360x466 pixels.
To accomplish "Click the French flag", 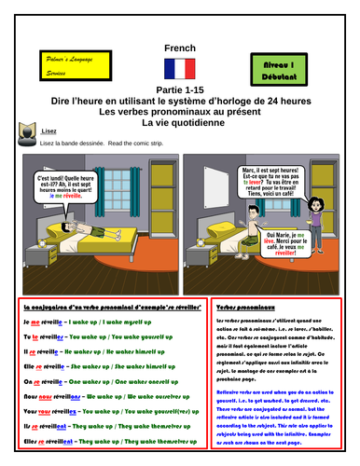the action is [179, 67].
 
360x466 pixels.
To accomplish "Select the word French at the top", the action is [179, 44].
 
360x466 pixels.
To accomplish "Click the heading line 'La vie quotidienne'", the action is [179, 121].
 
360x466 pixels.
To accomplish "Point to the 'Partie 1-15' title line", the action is [179, 89].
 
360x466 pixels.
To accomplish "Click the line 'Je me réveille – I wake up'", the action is [84, 322].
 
